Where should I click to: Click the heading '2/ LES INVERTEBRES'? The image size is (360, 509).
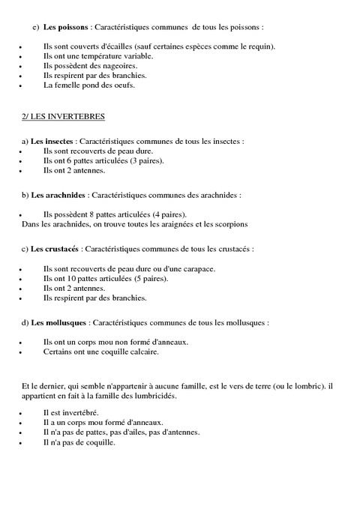[64, 117]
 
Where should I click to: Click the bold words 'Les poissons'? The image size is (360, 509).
[64, 27]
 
